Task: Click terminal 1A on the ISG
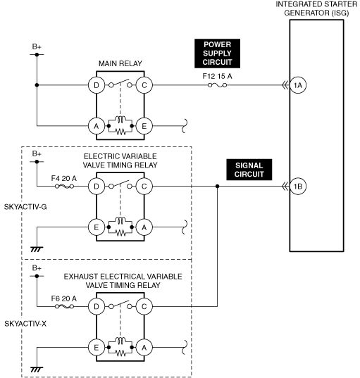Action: point(298,85)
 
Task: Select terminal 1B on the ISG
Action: point(298,186)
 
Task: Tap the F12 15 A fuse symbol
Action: point(217,85)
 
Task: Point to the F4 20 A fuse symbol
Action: point(64,186)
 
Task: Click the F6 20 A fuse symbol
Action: point(64,306)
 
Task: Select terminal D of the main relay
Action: point(97,85)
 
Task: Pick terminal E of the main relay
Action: point(144,126)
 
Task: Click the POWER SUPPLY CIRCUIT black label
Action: point(217,53)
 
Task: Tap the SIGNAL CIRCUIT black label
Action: point(249,170)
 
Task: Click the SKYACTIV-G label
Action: point(25,207)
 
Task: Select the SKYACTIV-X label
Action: point(25,324)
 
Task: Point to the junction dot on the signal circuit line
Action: point(217,186)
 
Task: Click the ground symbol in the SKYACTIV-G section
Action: point(37,249)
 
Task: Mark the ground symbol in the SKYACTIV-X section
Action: point(37,370)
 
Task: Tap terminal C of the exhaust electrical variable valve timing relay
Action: point(144,306)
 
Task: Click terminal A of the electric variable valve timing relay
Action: point(144,227)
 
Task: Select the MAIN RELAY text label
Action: point(120,63)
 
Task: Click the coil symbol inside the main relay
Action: point(120,120)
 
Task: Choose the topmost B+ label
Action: point(37,46)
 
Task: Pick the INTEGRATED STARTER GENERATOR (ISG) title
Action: point(316,8)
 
